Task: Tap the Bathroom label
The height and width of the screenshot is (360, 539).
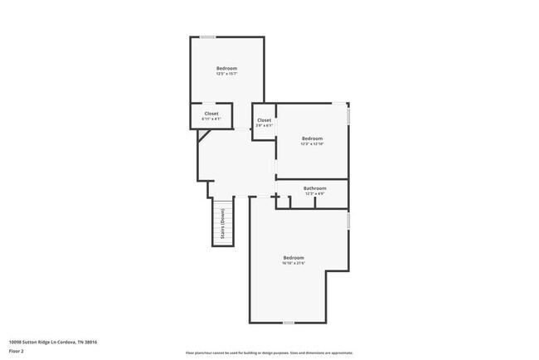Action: pyautogui.click(x=314, y=188)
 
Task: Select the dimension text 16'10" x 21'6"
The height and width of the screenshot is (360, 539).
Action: pyautogui.click(x=294, y=263)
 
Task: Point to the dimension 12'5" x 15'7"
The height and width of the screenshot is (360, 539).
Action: pyautogui.click(x=226, y=74)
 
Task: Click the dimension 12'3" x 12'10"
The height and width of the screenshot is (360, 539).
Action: pyautogui.click(x=312, y=144)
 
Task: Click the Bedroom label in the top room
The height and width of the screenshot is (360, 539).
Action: pyautogui.click(x=226, y=68)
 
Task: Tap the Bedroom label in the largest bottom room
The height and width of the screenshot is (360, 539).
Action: pyautogui.click(x=294, y=257)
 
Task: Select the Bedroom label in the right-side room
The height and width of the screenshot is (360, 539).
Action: pyautogui.click(x=312, y=139)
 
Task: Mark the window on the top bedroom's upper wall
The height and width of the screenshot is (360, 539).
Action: pyautogui.click(x=209, y=36)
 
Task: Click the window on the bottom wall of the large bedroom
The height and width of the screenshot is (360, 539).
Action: pyautogui.click(x=288, y=322)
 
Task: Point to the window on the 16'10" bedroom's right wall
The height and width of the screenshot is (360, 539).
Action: pyautogui.click(x=348, y=221)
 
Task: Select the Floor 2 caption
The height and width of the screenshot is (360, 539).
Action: pyautogui.click(x=17, y=352)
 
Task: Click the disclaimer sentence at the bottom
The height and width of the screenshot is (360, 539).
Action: pyautogui.click(x=269, y=353)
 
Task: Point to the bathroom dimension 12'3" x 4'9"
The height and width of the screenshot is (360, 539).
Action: pyautogui.click(x=314, y=194)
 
